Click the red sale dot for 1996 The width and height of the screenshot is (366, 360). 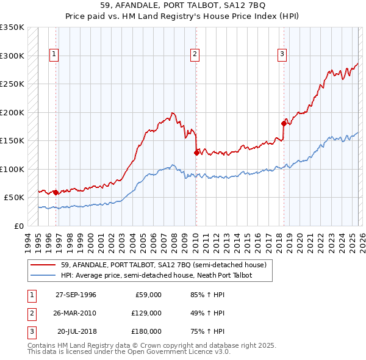point(56,192)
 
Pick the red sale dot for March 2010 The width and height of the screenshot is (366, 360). point(196,153)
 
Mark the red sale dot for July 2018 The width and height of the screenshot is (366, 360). point(284,123)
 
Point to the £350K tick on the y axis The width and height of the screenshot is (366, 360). point(12,27)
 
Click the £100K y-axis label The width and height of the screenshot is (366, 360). point(12,169)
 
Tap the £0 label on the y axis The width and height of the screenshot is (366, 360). point(18,226)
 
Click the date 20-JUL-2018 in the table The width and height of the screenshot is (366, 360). point(76,331)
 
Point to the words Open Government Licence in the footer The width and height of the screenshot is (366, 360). point(177,352)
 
